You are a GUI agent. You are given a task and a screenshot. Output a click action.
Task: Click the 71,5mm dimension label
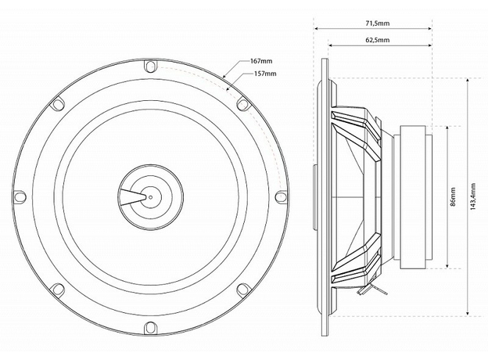tap(377, 23)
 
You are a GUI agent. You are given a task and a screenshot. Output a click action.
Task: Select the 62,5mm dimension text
tap(377, 40)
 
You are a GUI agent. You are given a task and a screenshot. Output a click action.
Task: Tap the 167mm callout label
tap(261, 61)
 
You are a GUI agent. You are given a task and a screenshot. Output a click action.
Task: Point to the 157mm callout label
tap(265, 74)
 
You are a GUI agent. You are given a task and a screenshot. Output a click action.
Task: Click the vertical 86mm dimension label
tap(453, 196)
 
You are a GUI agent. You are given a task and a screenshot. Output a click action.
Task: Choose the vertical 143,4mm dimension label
tap(473, 196)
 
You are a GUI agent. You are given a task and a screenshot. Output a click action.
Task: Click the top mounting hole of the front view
tap(150, 66)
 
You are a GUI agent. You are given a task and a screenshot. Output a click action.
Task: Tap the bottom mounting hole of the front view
tap(150, 327)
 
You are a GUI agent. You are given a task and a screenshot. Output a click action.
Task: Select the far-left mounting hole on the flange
tap(20, 196)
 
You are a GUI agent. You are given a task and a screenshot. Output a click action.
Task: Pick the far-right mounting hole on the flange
tap(281, 196)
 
